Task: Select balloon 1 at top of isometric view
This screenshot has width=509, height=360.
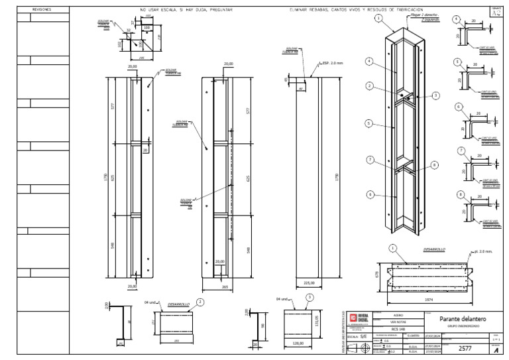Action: coord(378,19)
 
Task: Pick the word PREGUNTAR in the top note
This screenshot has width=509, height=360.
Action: coord(221,10)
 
